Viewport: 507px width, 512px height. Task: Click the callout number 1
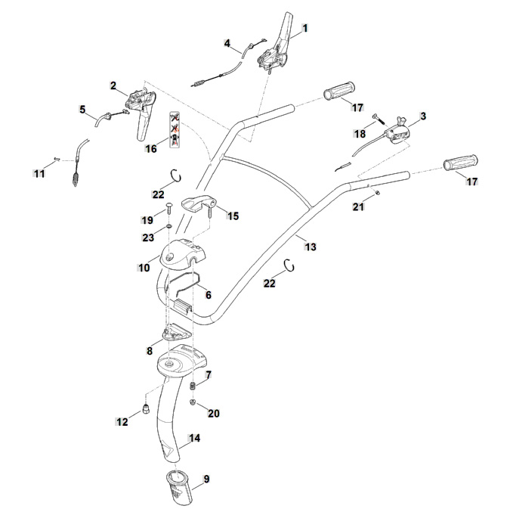coord(305,29)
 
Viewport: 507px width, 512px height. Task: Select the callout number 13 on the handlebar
coord(311,247)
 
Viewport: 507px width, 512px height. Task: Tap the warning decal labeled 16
coord(175,129)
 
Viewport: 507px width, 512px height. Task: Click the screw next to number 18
coord(378,119)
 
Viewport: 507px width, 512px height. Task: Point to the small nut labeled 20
coord(193,402)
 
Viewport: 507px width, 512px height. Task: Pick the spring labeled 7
coord(193,386)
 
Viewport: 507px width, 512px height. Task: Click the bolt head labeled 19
coord(169,207)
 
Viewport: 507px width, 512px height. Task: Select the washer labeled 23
coord(169,227)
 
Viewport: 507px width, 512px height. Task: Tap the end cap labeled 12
coord(146,408)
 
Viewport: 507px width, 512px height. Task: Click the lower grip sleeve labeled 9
coord(178,487)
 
